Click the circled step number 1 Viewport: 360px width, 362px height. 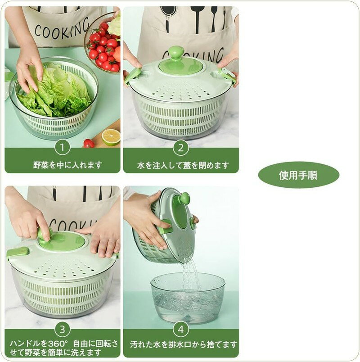(x=62, y=148)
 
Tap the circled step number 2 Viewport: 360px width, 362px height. (x=181, y=148)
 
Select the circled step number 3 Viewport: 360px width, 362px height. (x=62, y=330)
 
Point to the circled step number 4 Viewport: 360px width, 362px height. (x=181, y=330)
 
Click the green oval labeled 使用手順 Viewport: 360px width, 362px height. (x=298, y=175)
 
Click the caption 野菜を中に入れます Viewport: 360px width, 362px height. (x=67, y=165)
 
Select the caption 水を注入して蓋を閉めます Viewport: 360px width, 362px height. (x=183, y=165)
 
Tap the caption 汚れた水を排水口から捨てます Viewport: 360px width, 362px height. (x=184, y=345)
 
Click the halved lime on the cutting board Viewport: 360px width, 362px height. (x=111, y=137)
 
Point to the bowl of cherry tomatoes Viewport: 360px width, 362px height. (x=103, y=44)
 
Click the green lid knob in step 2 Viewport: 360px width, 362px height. (x=176, y=52)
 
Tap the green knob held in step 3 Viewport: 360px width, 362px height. (x=45, y=234)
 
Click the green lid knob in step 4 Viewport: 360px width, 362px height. (x=185, y=199)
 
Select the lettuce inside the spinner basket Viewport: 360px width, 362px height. (x=55, y=91)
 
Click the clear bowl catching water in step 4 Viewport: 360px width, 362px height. (x=188, y=298)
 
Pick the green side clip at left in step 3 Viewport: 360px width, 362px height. (x=17, y=252)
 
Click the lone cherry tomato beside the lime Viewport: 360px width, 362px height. (x=89, y=144)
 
